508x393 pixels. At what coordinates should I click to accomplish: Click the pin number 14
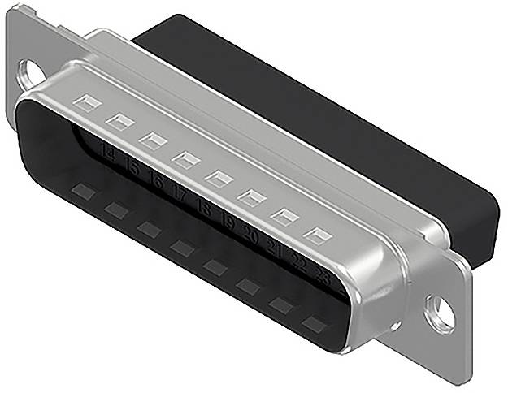106,149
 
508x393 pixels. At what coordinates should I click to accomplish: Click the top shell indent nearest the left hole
86,103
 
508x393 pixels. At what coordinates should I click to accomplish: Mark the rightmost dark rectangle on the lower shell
313,324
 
